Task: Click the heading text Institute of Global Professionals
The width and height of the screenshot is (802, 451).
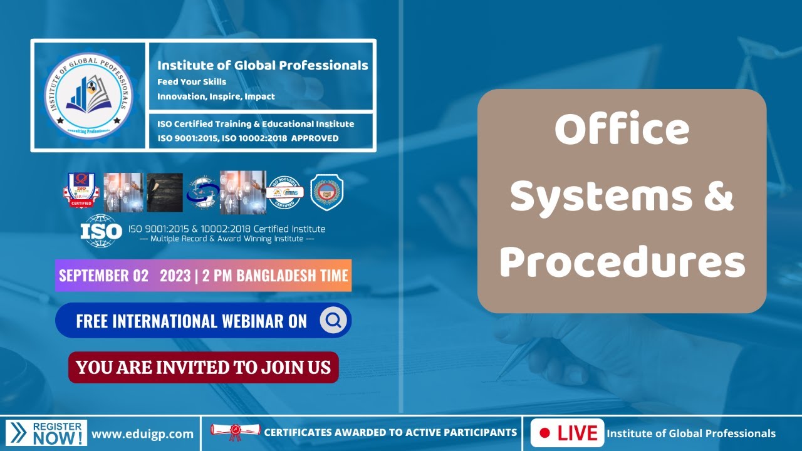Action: pos(263,65)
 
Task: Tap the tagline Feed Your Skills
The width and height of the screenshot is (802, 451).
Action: pos(192,82)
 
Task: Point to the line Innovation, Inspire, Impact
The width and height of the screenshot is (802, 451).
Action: pos(216,96)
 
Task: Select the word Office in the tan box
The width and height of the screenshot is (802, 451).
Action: pos(622,130)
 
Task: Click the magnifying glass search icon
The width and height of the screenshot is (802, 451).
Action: pos(333,321)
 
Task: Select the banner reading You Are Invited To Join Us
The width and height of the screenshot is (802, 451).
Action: pos(203,367)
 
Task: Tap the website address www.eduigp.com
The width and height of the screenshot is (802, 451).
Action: pos(143,433)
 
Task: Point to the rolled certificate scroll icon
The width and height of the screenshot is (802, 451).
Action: pos(235,431)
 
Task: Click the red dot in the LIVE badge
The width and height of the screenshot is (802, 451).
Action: pos(544,433)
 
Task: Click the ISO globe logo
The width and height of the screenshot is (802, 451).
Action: pos(101,231)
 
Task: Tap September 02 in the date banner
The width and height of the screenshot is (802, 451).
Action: pos(104,276)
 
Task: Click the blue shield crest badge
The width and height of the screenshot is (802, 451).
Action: pos(326,192)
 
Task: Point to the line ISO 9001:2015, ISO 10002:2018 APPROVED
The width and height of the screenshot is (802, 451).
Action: pos(248,138)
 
